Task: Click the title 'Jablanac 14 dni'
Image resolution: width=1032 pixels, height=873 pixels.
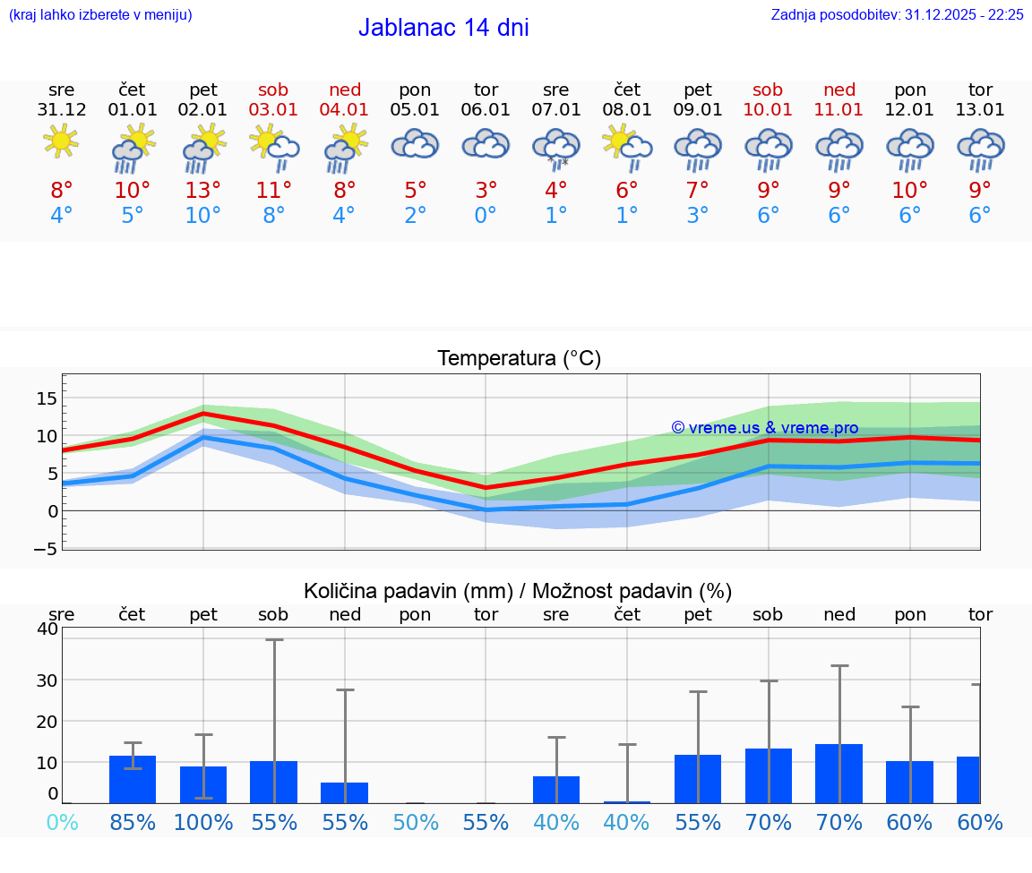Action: coord(443,28)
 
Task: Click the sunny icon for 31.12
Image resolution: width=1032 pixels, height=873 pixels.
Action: coord(61,141)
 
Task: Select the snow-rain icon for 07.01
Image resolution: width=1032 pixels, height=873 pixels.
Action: coord(556,148)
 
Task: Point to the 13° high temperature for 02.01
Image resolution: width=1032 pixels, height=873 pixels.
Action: coord(203,191)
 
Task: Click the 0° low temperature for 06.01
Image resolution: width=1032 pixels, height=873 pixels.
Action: coord(486,216)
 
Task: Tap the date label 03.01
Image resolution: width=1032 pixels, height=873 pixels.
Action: coord(274,110)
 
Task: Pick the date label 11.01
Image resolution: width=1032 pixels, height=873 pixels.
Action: coord(838,110)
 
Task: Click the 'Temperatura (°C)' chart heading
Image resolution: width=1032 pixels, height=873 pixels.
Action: coord(519,359)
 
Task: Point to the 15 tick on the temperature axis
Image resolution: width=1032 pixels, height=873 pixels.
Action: coord(47,398)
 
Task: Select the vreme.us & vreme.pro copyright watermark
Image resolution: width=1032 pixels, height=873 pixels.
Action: coord(764,428)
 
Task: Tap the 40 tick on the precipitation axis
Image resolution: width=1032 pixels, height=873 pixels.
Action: coord(47,629)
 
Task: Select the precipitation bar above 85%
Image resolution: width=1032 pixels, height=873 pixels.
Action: coord(133,779)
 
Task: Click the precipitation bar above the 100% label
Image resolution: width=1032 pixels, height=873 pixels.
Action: coord(203,784)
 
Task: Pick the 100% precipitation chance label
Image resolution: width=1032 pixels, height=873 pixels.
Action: coord(203,823)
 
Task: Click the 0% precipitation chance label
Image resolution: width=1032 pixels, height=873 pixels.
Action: coord(62,823)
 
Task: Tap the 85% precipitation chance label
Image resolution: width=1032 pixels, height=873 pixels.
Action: coord(133,823)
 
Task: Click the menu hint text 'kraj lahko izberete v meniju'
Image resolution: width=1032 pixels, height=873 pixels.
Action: coord(99,15)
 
